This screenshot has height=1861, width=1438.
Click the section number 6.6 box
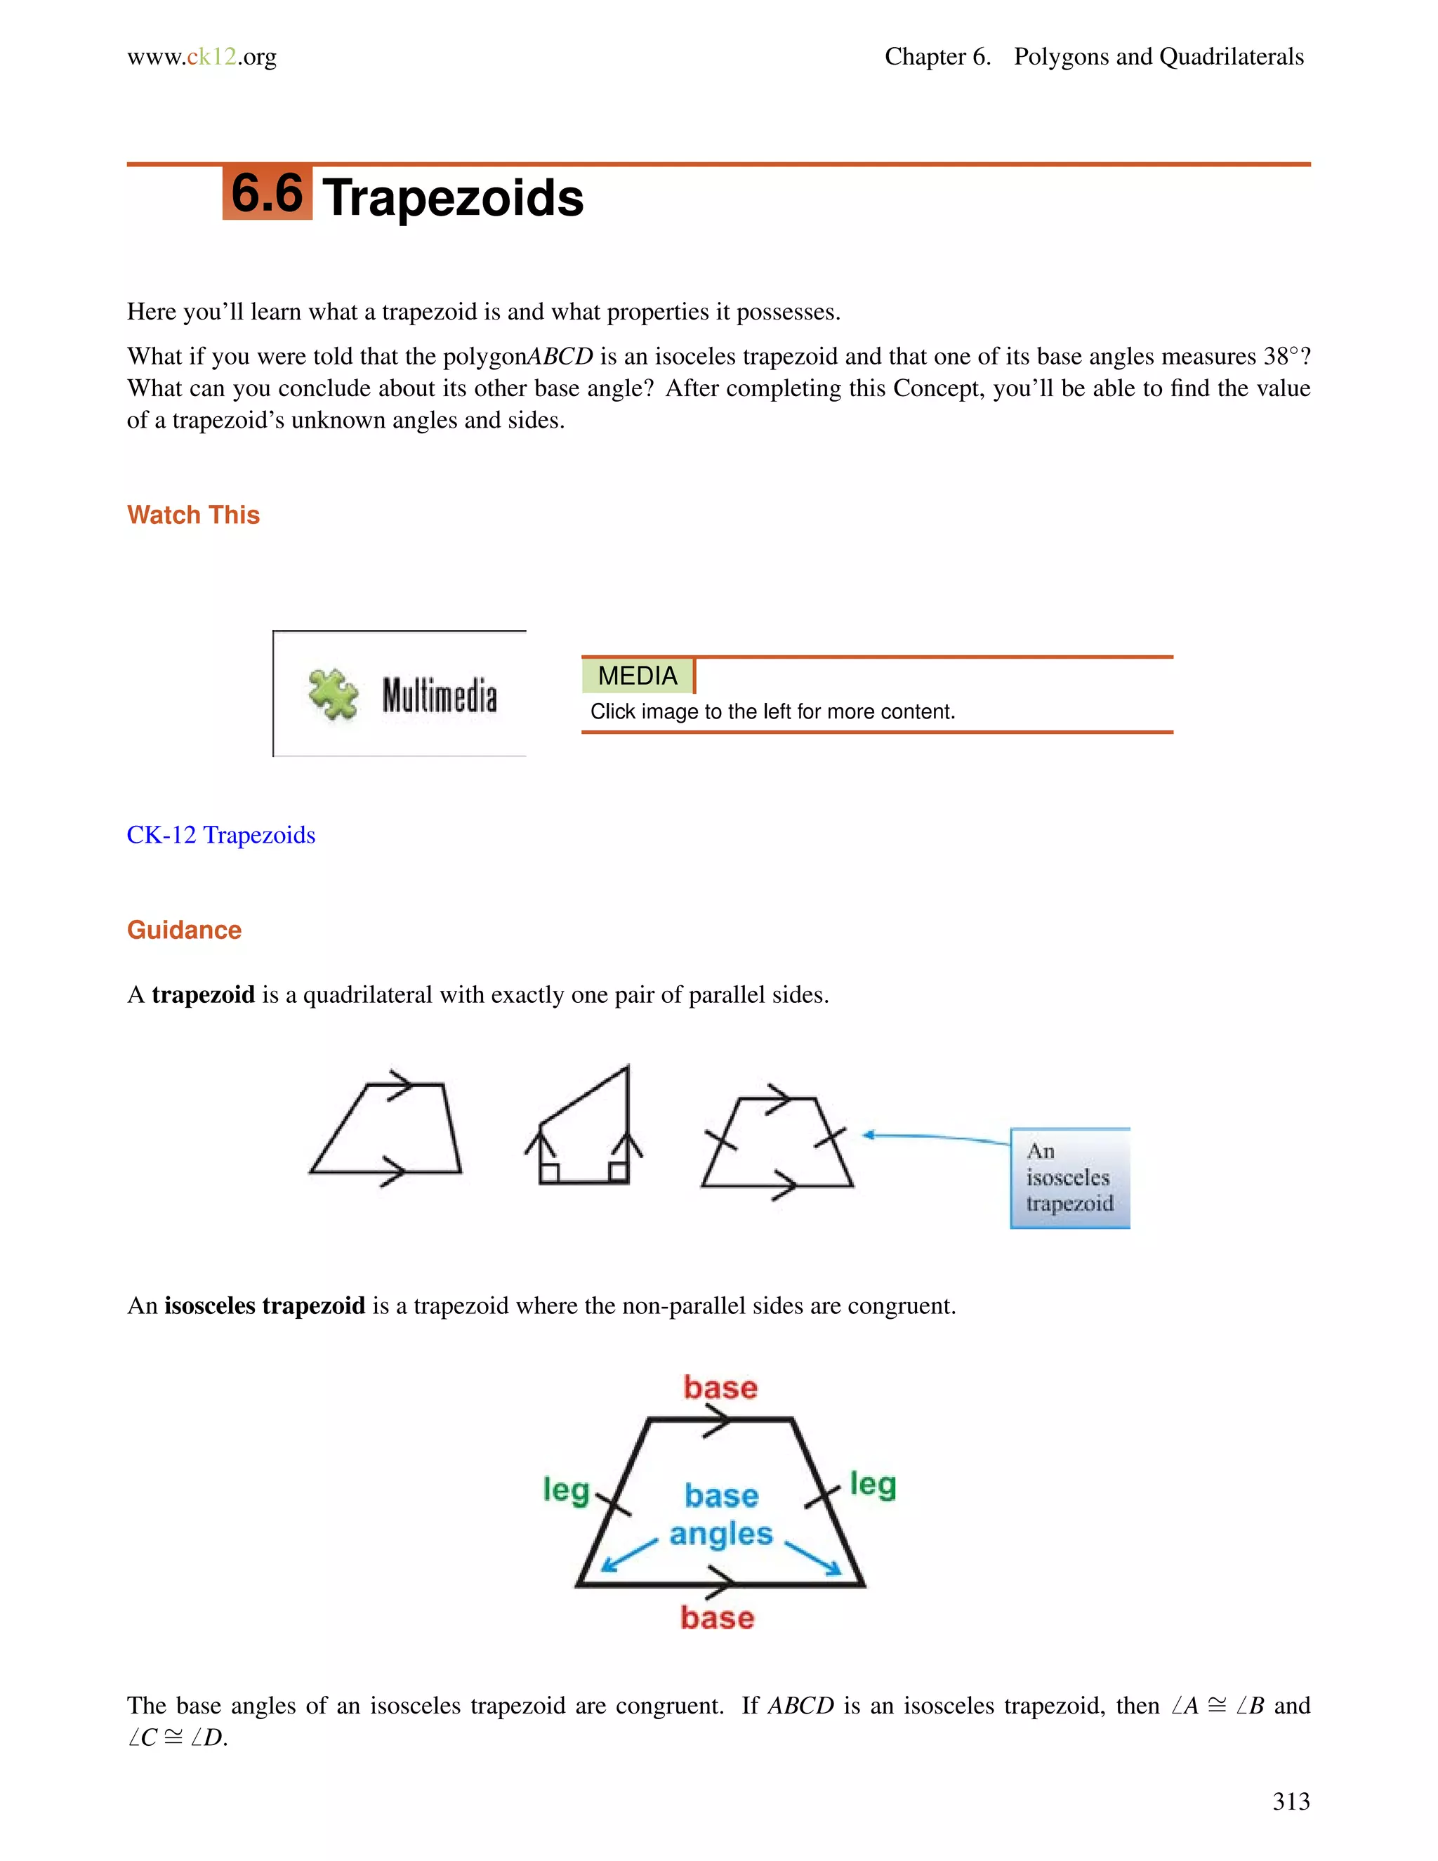267,193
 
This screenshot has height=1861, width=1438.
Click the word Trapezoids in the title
453,198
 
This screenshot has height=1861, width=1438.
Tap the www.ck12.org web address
202,57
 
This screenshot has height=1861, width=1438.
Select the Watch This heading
193,515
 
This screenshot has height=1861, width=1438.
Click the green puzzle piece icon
332,695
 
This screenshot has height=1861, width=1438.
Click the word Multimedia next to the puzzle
440,695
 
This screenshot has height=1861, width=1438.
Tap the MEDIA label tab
638,676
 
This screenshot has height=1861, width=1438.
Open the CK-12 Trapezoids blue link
220,835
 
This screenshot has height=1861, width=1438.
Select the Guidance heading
184,930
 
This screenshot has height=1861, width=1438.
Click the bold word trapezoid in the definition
203,994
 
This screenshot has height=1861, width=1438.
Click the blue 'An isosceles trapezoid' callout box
1069,1178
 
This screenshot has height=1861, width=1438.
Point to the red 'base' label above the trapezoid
720,1387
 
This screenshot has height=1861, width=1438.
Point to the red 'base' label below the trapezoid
718,1617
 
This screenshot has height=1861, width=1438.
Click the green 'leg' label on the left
567,1490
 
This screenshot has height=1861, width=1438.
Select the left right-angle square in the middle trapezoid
550,1173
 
